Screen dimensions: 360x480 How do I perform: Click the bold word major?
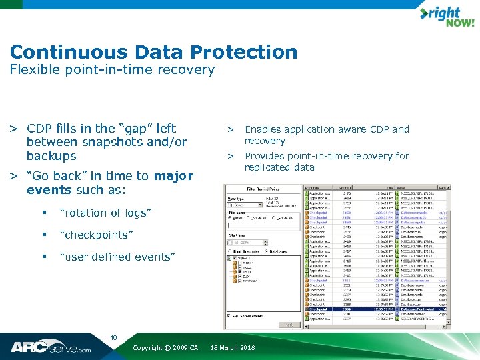(173, 176)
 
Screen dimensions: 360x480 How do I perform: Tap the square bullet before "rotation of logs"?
(43, 213)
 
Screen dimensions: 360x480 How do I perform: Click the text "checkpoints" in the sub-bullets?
(96, 235)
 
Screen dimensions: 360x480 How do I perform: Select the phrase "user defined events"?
(117, 257)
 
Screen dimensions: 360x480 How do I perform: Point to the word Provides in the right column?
(265, 156)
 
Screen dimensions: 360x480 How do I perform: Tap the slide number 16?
(113, 338)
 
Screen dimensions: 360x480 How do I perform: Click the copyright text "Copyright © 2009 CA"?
(165, 348)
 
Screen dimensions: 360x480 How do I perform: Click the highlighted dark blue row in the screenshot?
(374, 309)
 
